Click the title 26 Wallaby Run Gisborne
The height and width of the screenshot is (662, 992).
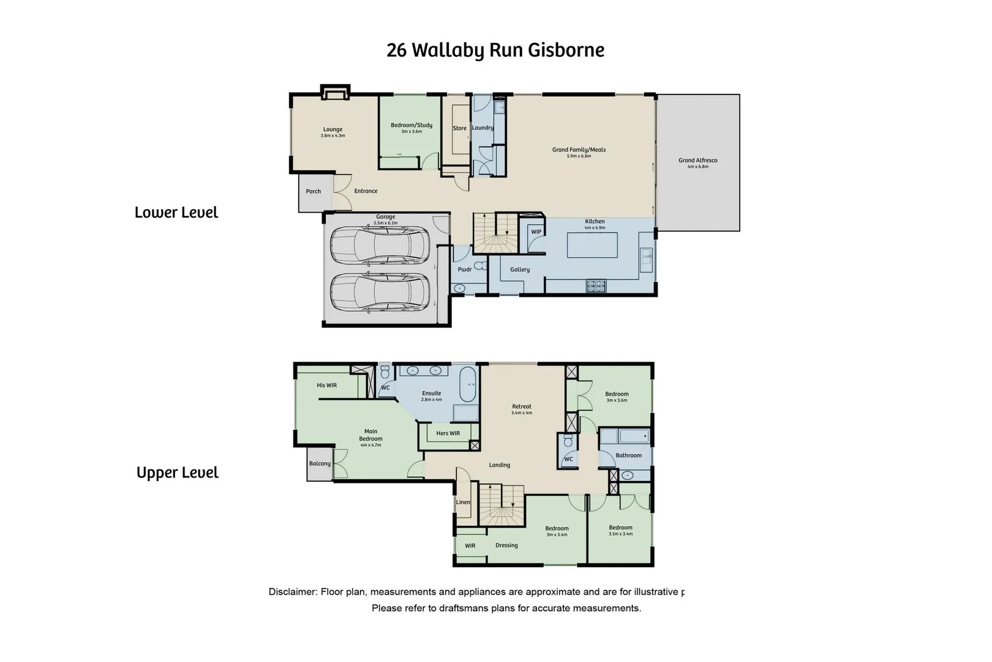[495, 50]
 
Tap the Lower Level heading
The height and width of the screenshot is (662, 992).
[176, 213]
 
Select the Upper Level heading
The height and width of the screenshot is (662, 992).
[177, 473]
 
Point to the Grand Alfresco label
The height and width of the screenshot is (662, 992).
[697, 161]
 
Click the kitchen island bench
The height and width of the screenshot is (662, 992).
[592, 245]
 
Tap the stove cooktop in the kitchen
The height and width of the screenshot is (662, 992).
[596, 286]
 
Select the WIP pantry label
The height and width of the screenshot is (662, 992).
[536, 232]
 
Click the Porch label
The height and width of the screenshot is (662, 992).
[313, 191]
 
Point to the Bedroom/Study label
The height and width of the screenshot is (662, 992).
[411, 125]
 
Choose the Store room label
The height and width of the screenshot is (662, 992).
[459, 128]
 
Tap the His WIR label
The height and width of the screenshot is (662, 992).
[326, 386]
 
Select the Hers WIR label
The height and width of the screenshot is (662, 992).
[448, 433]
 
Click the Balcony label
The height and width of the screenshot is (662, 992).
[320, 463]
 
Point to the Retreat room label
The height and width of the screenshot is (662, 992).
[522, 406]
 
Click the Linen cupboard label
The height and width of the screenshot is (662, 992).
[463, 502]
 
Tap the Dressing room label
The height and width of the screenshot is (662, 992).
[506, 545]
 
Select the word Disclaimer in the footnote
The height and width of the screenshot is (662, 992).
[292, 592]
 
